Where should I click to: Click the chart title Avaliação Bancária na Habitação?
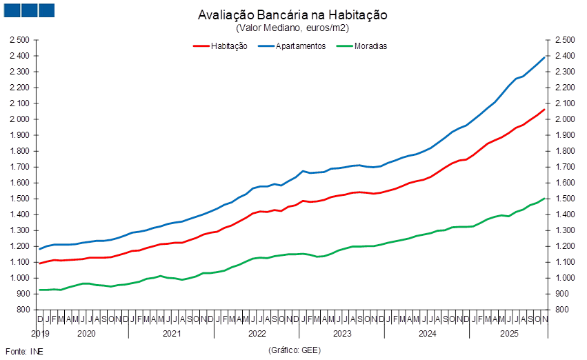tap(292, 14)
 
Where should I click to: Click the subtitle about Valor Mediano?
tap(292, 28)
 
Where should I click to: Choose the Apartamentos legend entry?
tap(292, 46)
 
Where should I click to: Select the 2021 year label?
tap(171, 333)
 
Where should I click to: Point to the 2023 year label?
tap(342, 333)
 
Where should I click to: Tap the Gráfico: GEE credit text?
tap(292, 350)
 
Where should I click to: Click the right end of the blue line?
tap(546, 57)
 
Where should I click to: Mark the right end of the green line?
tap(546, 198)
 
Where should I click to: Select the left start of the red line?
tap(39, 263)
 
